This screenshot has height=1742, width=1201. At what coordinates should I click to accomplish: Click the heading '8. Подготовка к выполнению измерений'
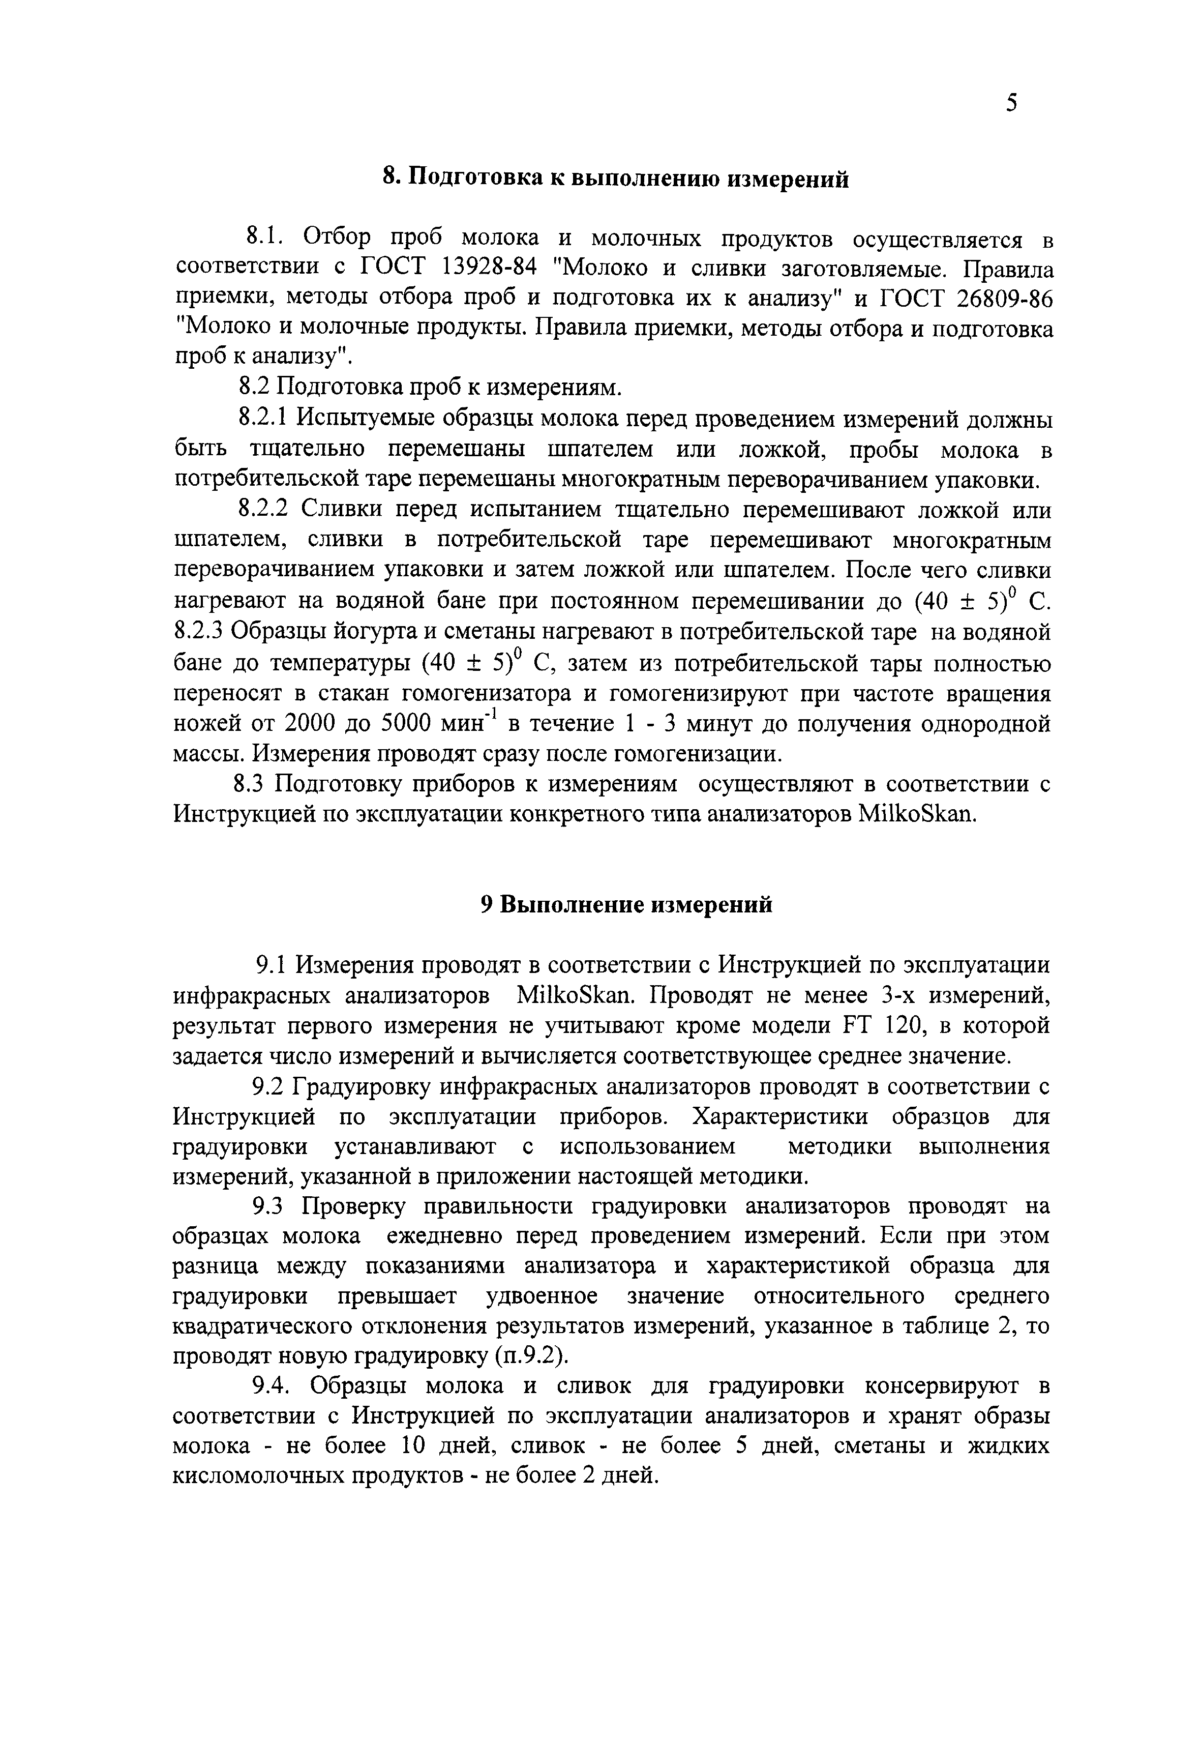[616, 179]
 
